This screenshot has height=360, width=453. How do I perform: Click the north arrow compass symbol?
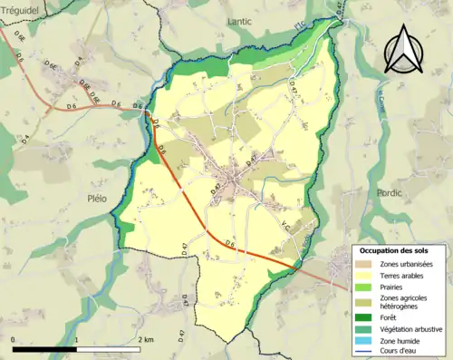(400, 48)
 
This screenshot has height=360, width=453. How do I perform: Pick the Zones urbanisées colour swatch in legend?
(367, 263)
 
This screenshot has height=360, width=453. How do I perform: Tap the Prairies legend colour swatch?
(367, 286)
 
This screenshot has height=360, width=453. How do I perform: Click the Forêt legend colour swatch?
(367, 318)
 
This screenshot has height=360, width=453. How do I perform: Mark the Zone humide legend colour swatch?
(367, 340)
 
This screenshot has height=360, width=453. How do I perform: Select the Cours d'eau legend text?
(405, 351)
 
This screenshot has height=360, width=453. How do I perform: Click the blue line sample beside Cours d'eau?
(367, 351)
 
